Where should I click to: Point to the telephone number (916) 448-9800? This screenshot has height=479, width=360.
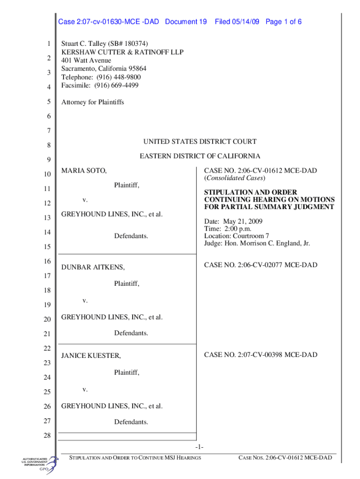(x=117, y=77)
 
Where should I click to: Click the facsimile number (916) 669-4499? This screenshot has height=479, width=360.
(x=116, y=85)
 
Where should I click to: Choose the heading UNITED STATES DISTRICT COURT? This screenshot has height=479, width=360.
(x=200, y=142)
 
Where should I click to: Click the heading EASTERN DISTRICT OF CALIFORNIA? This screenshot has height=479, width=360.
(x=200, y=156)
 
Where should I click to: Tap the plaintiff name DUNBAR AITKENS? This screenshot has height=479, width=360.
(x=93, y=267)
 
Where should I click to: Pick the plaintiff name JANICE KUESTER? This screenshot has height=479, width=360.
(x=91, y=356)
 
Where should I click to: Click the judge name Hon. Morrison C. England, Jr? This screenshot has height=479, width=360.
(x=267, y=243)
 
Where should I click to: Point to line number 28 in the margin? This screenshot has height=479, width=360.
(x=46, y=436)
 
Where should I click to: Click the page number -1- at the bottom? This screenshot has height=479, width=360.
(x=200, y=447)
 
